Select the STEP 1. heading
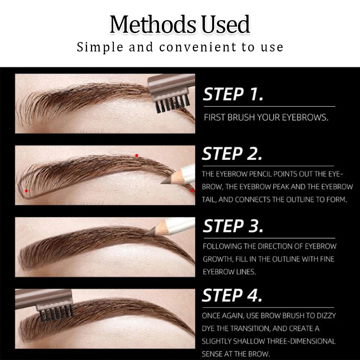click(x=233, y=95)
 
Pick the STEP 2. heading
click(x=232, y=154)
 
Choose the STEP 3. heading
click(x=233, y=226)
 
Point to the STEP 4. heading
click(x=232, y=296)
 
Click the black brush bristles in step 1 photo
click(x=171, y=104)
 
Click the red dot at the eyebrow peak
click(x=137, y=155)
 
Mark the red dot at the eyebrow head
click(x=26, y=191)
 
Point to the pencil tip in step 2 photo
click(x=164, y=182)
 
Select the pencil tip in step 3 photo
click(x=148, y=233)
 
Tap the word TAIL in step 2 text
click(x=208, y=200)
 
